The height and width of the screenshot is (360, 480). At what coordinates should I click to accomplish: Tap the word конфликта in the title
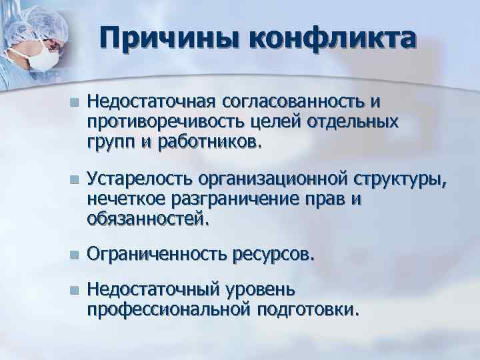[x=331, y=41]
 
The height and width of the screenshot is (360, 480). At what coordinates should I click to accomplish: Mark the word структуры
[x=398, y=179]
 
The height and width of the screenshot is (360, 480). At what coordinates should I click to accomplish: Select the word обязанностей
[x=149, y=219]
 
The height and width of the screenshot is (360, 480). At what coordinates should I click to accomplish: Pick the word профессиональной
[x=167, y=309]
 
